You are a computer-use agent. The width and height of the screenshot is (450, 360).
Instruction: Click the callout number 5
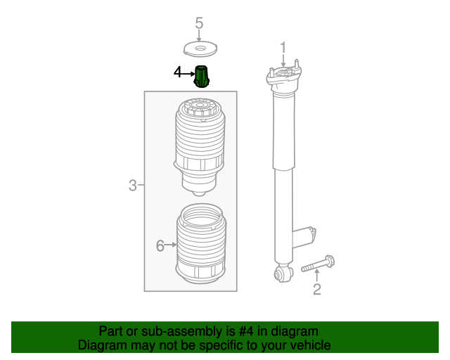[x=199, y=23]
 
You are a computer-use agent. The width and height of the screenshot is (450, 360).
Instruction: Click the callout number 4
[x=178, y=72]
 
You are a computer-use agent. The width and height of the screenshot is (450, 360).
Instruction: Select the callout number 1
[x=283, y=47]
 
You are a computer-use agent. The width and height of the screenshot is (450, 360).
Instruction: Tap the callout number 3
[x=133, y=185]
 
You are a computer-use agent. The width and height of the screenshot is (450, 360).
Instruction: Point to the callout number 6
[x=160, y=245]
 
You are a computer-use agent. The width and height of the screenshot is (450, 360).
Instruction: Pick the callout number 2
[x=317, y=289]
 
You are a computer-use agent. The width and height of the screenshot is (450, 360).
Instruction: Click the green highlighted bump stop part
[x=202, y=77]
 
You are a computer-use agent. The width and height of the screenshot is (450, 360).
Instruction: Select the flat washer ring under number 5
[x=200, y=49]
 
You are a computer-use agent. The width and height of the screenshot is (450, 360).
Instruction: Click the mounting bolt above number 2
[x=318, y=264]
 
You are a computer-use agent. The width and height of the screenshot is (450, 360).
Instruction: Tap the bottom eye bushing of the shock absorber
[x=283, y=274]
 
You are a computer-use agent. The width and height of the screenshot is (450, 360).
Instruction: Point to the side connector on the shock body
[x=304, y=236]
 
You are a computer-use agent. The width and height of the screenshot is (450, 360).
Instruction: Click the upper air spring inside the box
[x=200, y=146]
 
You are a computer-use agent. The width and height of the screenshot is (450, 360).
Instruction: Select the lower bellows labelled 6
[x=201, y=243]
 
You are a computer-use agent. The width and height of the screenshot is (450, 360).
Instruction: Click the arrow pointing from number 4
[x=188, y=74]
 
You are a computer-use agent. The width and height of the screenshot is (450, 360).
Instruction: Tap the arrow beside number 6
[x=170, y=245]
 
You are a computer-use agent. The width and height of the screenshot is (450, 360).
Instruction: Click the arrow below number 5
[x=199, y=36]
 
